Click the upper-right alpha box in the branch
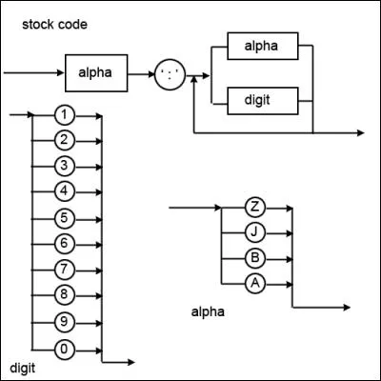[264, 45]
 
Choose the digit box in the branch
[264, 97]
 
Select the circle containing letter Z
[253, 207]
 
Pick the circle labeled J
[253, 231]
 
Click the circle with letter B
[253, 257]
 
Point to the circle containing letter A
[253, 282]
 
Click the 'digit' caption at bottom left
[22, 367]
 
